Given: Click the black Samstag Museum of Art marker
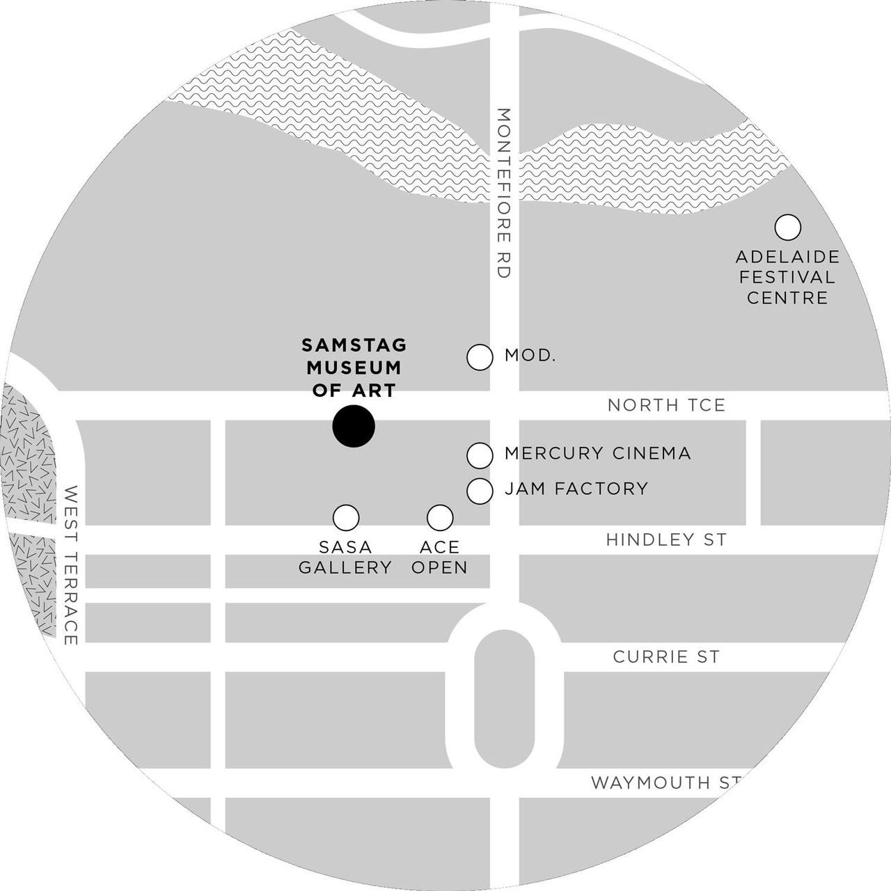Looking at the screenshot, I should [354, 425].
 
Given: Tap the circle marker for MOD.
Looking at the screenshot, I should [480, 357].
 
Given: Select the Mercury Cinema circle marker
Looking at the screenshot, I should [480, 455].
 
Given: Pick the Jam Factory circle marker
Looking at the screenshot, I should [480, 490].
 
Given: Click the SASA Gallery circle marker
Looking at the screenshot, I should [346, 517].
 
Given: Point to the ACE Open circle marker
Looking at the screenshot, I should [439, 517].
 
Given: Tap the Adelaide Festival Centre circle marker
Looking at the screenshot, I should [787, 227].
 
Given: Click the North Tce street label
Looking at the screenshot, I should [666, 405].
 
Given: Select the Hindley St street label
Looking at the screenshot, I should [666, 539].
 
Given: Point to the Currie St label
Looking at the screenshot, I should [666, 657].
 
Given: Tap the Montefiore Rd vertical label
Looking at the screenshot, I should [504, 193].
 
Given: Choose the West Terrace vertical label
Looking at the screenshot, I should [70, 565].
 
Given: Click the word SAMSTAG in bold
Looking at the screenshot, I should [354, 345].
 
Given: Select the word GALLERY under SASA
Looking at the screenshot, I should [346, 567].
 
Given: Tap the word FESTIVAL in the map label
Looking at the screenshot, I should [787, 277].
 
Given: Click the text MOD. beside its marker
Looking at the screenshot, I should [530, 356].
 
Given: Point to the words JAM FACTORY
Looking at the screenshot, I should [576, 489].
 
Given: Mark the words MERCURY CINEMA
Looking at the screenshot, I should [597, 454].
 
